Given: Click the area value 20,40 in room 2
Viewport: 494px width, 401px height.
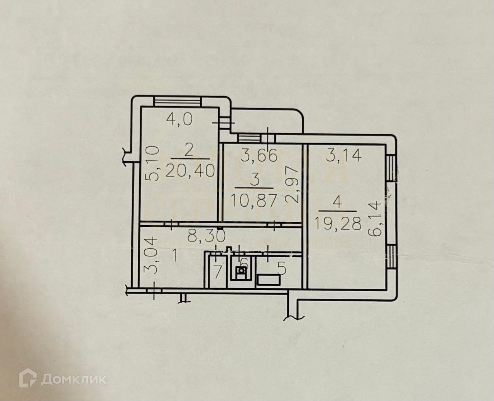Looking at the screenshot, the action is coord(190,170).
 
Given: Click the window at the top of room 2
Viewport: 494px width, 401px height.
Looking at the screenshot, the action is coord(177,101).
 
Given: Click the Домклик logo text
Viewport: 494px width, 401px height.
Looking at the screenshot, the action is coord(73,379).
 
